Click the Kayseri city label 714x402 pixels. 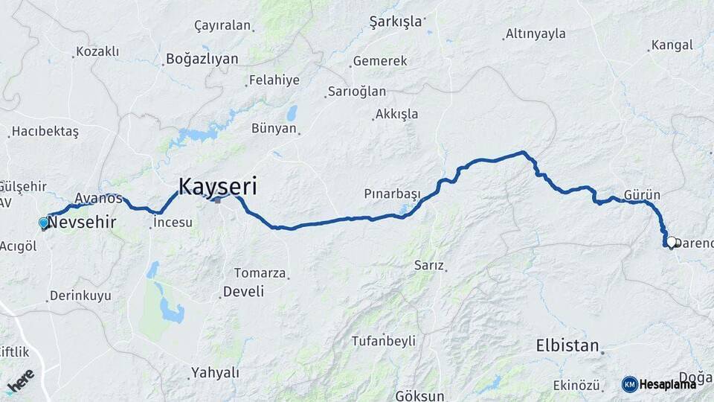(217, 185)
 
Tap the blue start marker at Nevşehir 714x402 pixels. (44, 223)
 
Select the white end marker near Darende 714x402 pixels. (672, 242)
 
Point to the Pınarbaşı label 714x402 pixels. (392, 194)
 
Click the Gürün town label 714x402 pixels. (643, 195)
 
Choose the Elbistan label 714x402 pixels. (567, 345)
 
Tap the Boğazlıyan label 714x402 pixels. (202, 59)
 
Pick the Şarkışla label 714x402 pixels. (395, 22)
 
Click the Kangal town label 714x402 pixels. (672, 45)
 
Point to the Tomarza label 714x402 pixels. (260, 273)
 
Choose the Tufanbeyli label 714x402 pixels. (383, 342)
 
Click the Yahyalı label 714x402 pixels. (215, 372)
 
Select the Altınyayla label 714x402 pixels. (535, 33)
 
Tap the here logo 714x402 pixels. (21, 380)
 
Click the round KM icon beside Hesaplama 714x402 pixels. (629, 384)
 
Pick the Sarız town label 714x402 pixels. (429, 265)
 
